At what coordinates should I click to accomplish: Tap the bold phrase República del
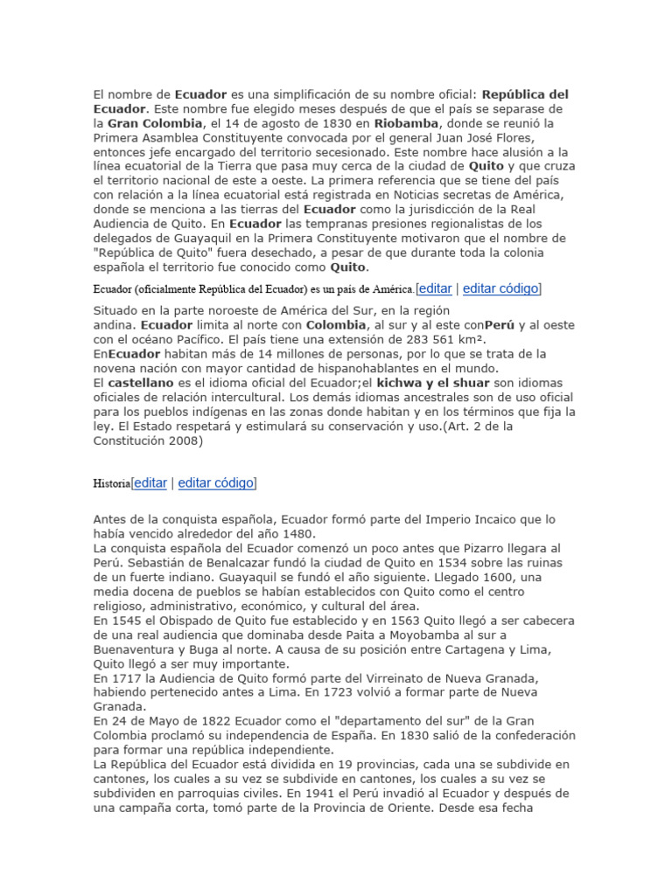coord(526,94)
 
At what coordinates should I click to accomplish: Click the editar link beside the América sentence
coord(435,288)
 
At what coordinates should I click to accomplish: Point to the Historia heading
coord(112,483)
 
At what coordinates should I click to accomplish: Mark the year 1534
coord(432,563)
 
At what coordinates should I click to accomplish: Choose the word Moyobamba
coord(433,635)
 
